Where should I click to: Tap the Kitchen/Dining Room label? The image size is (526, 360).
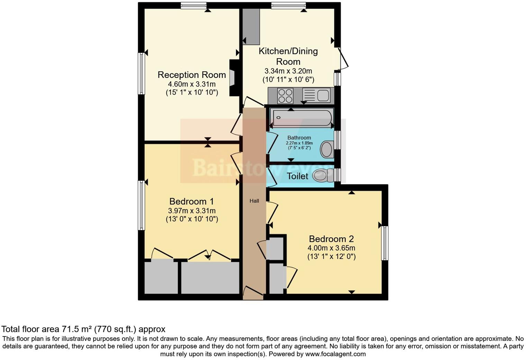pos(288,56)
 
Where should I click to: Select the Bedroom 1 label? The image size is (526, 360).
pos(191,201)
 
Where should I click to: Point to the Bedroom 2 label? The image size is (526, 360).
pos(331,239)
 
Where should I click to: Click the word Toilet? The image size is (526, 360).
pos(297,176)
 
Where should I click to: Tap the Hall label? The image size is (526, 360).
pos(254,201)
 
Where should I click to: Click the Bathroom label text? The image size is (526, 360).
pos(299,138)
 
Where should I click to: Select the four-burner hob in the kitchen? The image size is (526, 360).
pos(285,96)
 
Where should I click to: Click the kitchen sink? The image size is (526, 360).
pos(323,95)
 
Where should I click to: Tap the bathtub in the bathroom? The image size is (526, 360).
pos(302,118)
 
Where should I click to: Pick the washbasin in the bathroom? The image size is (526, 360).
pos(326,149)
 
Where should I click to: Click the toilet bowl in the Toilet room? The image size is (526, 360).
pos(322,175)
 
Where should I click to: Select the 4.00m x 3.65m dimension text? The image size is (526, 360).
pos(331,248)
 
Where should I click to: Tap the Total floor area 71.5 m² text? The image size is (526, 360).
pos(83,329)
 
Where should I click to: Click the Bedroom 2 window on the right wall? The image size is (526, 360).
pos(384,243)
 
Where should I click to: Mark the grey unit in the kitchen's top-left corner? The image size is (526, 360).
pos(251,27)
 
